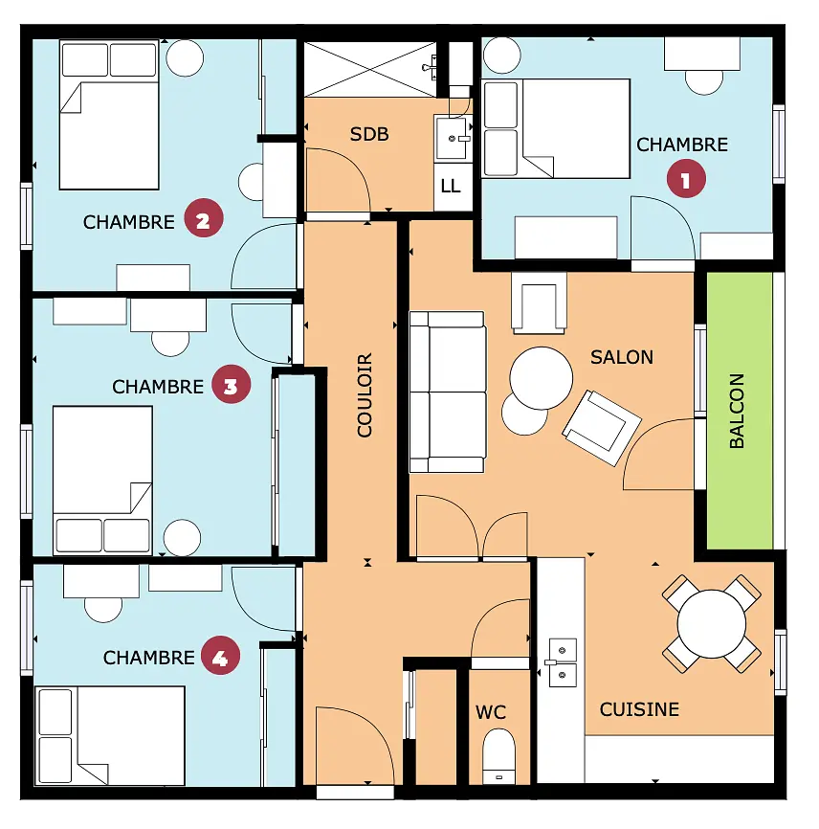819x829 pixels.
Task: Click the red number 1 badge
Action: (x=686, y=180)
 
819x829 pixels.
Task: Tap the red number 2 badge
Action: (x=204, y=218)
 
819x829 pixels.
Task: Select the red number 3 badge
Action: (x=231, y=385)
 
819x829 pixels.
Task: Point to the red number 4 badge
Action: (x=220, y=656)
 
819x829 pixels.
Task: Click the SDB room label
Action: (x=369, y=134)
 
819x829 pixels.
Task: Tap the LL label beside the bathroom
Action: (x=451, y=186)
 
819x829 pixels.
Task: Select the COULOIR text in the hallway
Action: (x=365, y=395)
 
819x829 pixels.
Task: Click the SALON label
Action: (x=622, y=357)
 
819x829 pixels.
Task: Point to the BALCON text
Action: (x=737, y=411)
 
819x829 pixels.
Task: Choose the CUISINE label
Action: (x=639, y=709)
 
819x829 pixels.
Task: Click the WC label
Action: (x=491, y=712)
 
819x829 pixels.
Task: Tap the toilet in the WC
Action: (x=498, y=755)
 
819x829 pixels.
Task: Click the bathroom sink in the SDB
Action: (x=452, y=138)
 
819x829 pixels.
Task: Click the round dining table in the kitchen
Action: (x=711, y=624)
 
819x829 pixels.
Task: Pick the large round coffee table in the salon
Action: (x=542, y=378)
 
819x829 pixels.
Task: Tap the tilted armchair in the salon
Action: (x=602, y=428)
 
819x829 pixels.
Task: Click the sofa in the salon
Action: (x=448, y=392)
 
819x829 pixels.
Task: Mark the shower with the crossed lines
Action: (x=370, y=69)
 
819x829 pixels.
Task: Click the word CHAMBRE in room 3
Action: (x=158, y=387)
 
